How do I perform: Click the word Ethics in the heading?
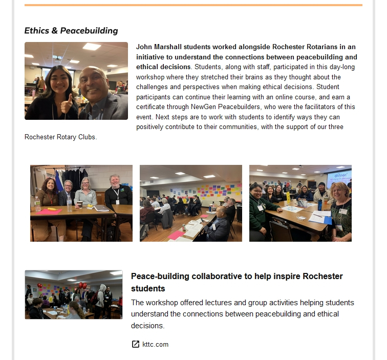point(37,31)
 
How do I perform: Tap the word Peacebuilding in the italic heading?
point(89,31)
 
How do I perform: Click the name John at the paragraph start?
point(144,47)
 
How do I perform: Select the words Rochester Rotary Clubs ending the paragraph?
point(60,137)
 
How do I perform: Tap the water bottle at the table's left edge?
point(37,204)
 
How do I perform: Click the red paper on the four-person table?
point(49,211)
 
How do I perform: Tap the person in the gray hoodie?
point(101,296)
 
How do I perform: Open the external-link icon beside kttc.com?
point(136,344)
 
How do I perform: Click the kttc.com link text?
point(155,344)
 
